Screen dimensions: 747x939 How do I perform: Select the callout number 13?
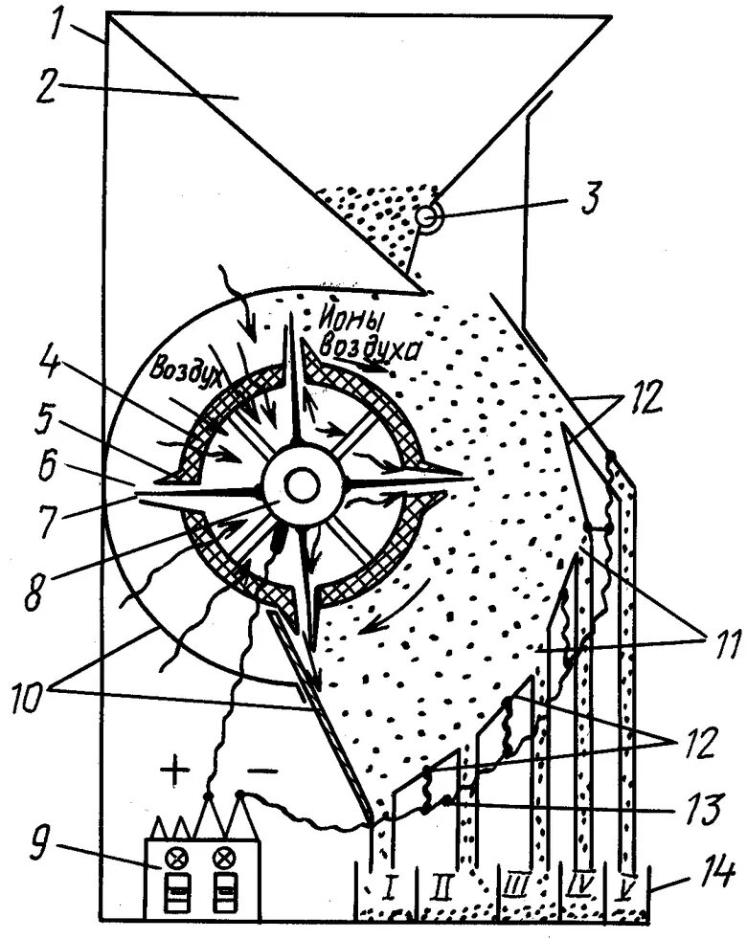(695, 811)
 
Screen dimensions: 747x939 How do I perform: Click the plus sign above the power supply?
(174, 771)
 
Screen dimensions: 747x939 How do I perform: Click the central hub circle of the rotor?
(301, 487)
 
